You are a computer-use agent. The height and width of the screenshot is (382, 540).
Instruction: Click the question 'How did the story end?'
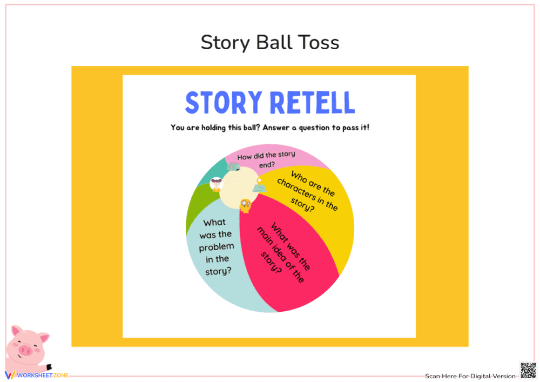point(266,159)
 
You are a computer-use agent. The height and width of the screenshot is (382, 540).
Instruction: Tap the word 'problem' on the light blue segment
point(217,247)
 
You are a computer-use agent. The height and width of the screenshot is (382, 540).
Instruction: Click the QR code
point(528,370)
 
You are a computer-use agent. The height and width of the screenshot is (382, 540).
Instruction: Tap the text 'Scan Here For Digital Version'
point(470,376)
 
